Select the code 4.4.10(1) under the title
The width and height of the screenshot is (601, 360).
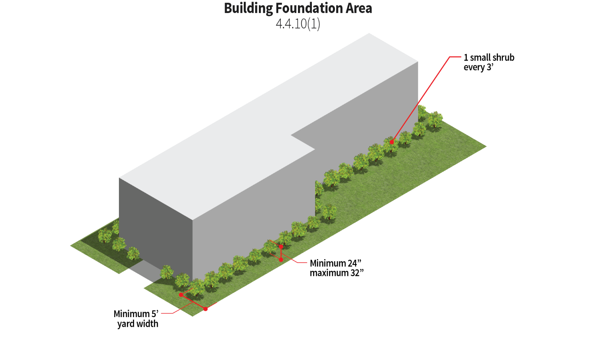[298, 24]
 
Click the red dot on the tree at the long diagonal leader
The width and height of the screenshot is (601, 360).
[391, 142]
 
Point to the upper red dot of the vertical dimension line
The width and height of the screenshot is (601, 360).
[281, 247]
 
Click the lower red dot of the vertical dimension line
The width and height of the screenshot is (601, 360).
[281, 259]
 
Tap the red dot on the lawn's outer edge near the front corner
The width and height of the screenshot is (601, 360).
[206, 309]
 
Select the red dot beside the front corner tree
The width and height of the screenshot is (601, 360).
[181, 295]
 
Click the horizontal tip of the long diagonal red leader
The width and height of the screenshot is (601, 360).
[456, 56]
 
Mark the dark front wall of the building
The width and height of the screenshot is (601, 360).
[156, 227]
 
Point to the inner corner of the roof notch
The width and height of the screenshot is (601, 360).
[315, 149]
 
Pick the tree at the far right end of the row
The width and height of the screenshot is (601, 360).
[435, 119]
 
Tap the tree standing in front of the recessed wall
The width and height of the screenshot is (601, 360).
[329, 212]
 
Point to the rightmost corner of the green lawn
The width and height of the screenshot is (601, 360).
[486, 147]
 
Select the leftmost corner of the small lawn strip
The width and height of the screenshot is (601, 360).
[71, 246]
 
